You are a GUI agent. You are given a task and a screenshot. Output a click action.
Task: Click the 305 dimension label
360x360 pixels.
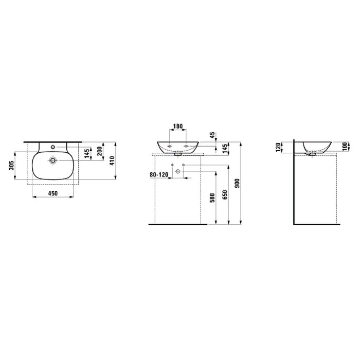(12, 165)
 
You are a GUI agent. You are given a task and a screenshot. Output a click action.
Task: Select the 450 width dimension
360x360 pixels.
(53, 193)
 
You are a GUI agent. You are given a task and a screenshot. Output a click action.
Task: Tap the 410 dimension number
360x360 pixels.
(112, 161)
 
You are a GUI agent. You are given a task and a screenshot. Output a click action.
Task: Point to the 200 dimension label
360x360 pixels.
(100, 151)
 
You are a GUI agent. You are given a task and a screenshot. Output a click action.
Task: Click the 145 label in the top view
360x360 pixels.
(87, 153)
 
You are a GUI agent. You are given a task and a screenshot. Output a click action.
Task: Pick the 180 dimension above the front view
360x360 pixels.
(178, 127)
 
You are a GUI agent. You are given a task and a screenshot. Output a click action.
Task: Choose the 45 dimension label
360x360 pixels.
(212, 135)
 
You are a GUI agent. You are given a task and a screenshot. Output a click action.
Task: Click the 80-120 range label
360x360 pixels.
(159, 175)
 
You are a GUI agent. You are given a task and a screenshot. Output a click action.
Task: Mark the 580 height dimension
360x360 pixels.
(212, 197)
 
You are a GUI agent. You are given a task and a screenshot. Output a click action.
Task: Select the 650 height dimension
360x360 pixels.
(225, 195)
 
